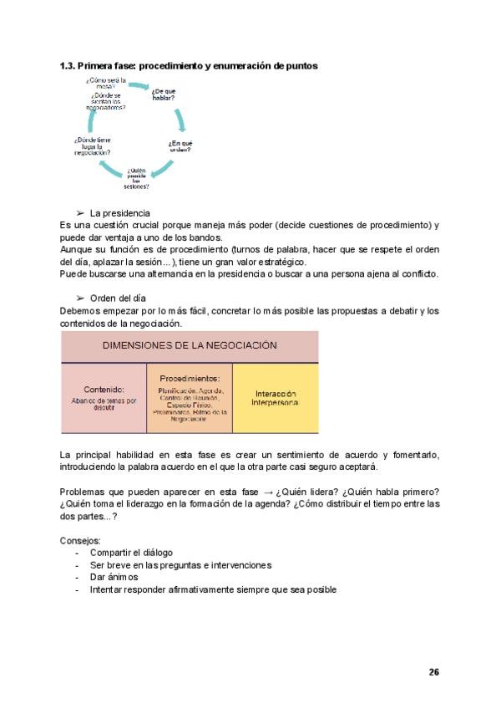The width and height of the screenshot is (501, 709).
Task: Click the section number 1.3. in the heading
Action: pyautogui.click(x=69, y=65)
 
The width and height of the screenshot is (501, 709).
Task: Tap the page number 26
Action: pyautogui.click(x=433, y=671)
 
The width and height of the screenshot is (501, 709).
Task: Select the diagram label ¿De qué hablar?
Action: pyautogui.click(x=164, y=94)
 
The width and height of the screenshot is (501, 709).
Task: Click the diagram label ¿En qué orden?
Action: pyautogui.click(x=180, y=146)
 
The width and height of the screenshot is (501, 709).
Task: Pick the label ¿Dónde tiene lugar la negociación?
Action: pyautogui.click(x=92, y=146)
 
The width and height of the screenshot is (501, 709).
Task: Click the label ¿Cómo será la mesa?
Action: pyautogui.click(x=105, y=84)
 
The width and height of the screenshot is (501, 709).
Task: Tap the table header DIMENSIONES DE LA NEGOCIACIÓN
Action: pyautogui.click(x=190, y=344)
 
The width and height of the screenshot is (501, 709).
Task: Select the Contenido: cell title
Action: pyautogui.click(x=104, y=389)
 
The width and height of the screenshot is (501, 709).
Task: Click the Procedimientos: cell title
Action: pyautogui.click(x=190, y=378)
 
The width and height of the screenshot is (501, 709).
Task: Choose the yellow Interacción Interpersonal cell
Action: pyautogui.click(x=275, y=398)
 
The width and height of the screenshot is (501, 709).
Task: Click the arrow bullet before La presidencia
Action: pyautogui.click(x=80, y=213)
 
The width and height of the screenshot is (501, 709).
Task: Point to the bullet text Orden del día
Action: pyautogui.click(x=119, y=298)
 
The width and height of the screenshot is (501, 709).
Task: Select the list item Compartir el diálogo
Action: pyautogui.click(x=130, y=553)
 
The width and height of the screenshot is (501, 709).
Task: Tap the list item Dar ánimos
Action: pyautogui.click(x=114, y=577)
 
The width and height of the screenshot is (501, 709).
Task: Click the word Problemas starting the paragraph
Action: pyautogui.click(x=83, y=491)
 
